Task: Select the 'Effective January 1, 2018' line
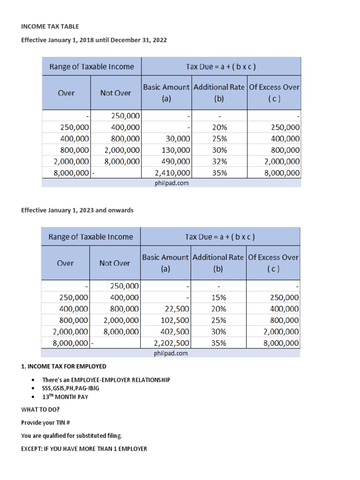pos(94,40)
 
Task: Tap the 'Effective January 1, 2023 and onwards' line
pos(77,210)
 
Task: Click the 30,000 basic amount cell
pos(178,139)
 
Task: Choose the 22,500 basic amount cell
pos(177,309)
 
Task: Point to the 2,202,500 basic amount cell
pos(172,343)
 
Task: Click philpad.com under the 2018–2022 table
pos(172,183)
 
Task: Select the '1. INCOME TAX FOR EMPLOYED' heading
pos(64,366)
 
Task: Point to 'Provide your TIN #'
pos(45,422)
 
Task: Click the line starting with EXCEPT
pos(84,449)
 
